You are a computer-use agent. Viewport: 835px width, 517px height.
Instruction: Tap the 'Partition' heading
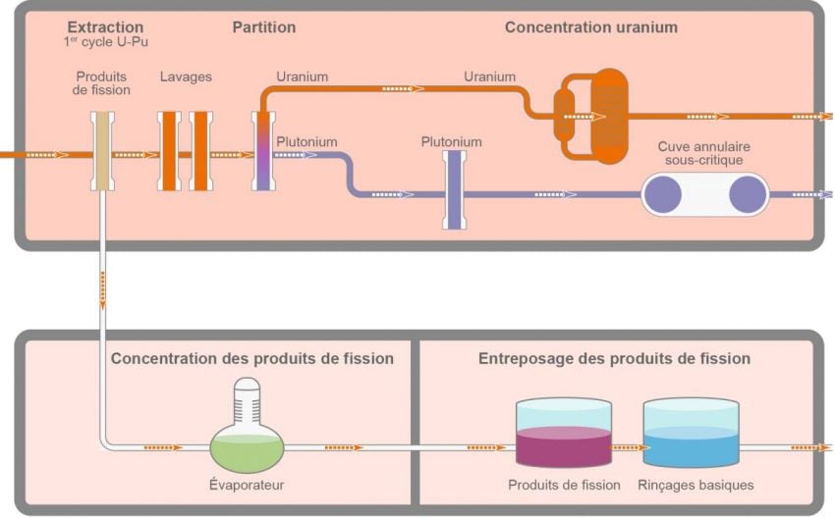[x=264, y=26]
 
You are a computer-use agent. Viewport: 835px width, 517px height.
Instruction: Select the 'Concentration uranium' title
[x=590, y=27]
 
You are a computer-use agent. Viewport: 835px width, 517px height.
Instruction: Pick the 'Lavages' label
[x=186, y=77]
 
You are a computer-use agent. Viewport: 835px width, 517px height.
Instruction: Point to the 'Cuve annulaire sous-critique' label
[x=698, y=152]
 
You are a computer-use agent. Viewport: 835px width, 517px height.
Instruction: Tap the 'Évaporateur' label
[x=247, y=485]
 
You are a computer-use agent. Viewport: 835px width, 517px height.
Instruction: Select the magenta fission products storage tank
[x=564, y=443]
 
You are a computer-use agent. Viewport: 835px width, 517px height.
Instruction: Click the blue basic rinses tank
[x=690, y=443]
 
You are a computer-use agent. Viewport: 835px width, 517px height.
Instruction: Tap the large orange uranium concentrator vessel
[x=608, y=116]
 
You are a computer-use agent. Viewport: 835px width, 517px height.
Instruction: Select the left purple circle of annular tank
[x=663, y=194]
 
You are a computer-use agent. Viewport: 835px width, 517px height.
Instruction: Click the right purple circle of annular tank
[x=747, y=194]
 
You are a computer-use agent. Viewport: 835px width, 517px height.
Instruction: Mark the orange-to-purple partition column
[x=263, y=151]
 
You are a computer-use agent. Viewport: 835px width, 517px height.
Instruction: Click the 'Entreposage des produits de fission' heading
[x=614, y=359]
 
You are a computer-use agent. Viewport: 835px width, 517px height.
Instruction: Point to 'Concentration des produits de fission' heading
[x=252, y=359]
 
